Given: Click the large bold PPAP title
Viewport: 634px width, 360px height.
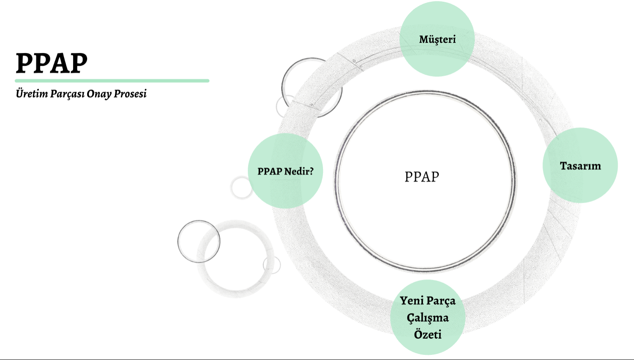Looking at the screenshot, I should click(51, 63).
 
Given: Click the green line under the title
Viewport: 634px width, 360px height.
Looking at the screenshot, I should click(112, 80).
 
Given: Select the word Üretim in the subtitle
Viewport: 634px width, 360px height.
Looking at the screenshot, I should click(32, 94).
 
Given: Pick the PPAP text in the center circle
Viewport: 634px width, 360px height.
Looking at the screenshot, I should click(422, 177).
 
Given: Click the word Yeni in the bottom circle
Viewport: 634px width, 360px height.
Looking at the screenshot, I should click(411, 301).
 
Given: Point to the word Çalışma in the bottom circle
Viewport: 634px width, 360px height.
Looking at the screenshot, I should click(427, 318).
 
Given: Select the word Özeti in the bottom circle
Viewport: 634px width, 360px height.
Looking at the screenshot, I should click(427, 334).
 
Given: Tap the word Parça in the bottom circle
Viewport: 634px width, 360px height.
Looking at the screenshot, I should click(441, 301).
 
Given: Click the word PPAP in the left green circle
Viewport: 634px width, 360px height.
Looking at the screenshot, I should click(270, 171).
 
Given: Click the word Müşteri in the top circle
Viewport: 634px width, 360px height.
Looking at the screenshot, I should click(437, 39).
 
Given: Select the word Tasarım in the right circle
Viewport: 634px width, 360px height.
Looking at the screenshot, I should click(580, 166).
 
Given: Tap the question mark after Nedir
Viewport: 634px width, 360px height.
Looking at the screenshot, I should click(311, 171).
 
